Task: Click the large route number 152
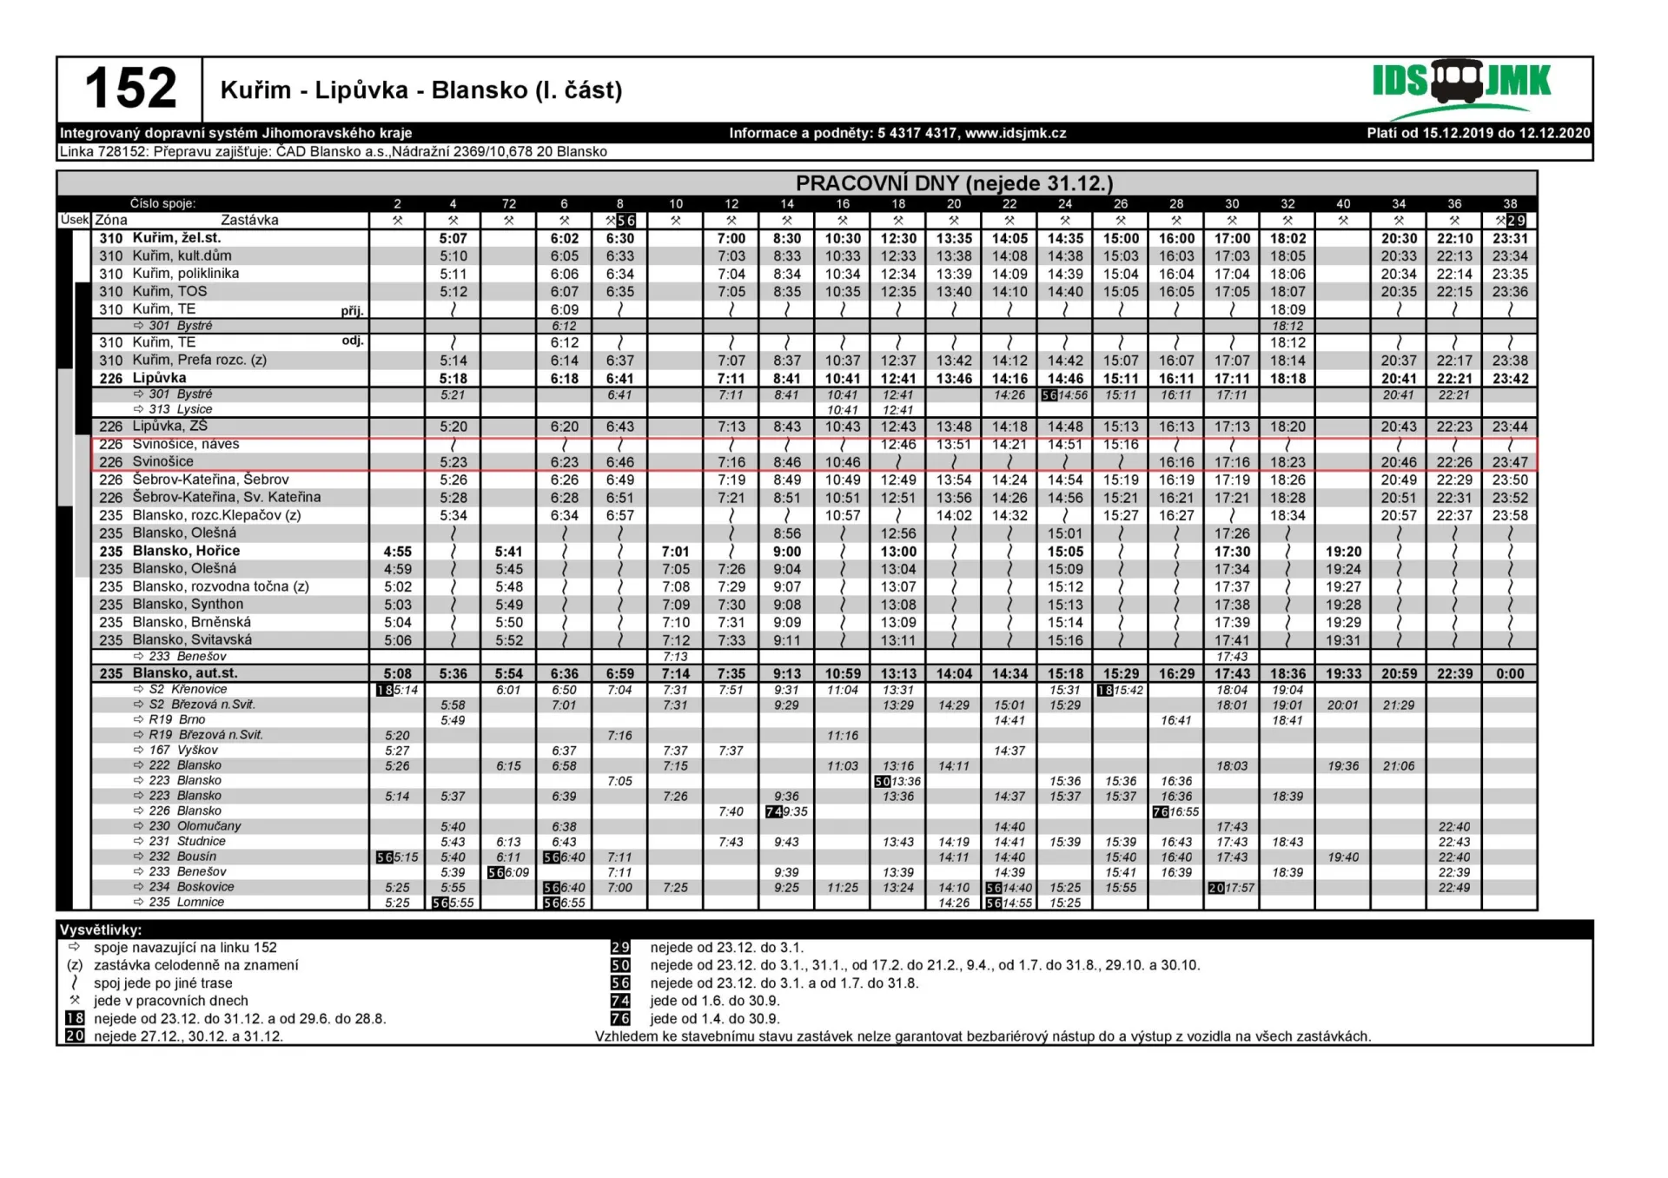[130, 89]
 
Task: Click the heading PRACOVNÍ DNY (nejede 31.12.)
[954, 183]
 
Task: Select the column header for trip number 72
[509, 203]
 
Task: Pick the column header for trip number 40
[1343, 203]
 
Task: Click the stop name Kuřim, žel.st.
[176, 238]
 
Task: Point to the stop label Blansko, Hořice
[186, 551]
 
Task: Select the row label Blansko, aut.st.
[184, 673]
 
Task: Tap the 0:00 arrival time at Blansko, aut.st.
[1510, 673]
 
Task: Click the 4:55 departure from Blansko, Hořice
[398, 552]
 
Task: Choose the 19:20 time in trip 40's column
[1343, 552]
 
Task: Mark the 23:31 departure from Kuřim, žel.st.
[1510, 238]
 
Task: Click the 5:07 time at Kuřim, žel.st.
[453, 238]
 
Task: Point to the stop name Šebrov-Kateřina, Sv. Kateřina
[226, 498]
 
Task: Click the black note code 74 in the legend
[620, 1001]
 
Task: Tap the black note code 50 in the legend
[620, 965]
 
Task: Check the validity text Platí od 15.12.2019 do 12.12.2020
[1478, 133]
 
